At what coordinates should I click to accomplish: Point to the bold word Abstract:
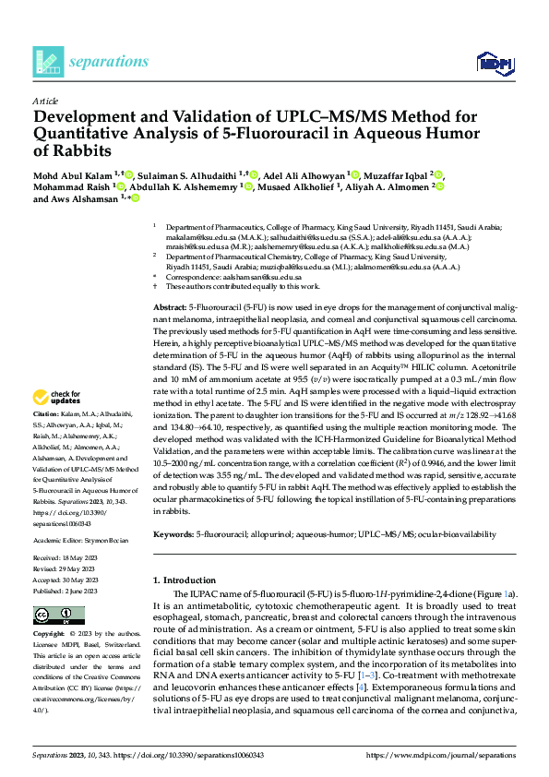169,305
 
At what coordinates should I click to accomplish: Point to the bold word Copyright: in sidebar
51,636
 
